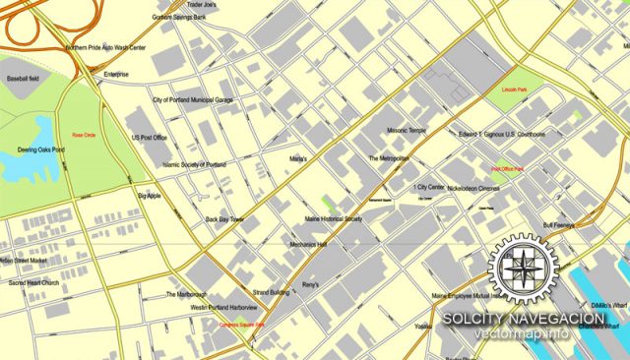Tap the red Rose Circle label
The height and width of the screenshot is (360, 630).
84,135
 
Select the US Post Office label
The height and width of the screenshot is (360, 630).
151,139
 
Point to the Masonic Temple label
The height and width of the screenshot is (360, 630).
406,131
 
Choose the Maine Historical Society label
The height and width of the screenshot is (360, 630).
334,219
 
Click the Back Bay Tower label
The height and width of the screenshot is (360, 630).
224,219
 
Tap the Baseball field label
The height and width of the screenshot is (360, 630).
24,77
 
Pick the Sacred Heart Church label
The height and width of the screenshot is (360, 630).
35,283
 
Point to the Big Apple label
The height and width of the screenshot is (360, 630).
149,196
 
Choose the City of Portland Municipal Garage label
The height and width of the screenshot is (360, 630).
193,100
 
